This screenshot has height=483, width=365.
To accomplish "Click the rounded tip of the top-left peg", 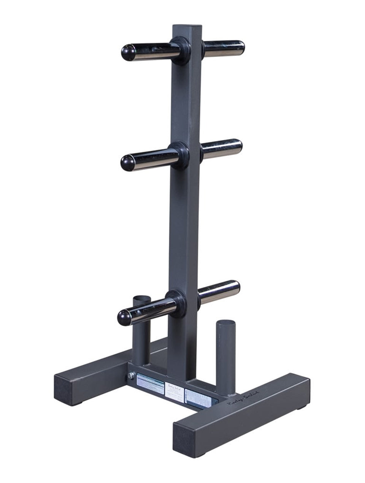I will [x=129, y=52].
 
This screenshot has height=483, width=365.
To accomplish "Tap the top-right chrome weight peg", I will [x=224, y=49].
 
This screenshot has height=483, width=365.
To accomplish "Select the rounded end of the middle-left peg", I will [x=128, y=163].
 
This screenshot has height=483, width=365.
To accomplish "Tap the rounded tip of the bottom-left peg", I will [x=124, y=317].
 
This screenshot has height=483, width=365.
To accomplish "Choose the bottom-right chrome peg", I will [x=219, y=291].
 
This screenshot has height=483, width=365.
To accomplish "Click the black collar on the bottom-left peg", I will [x=176, y=303].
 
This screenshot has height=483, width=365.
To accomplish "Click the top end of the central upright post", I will [x=184, y=28].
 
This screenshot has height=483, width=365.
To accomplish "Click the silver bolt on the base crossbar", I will [x=131, y=376].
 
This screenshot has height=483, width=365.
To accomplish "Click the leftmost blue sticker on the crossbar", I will [x=150, y=384].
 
